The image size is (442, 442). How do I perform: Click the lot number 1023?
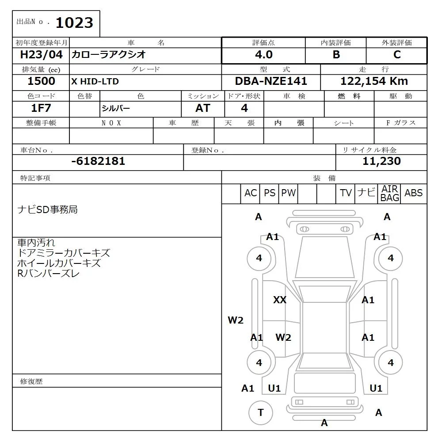click(x=75, y=23)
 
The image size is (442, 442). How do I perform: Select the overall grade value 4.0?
click(x=263, y=55)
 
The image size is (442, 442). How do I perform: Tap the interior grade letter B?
click(x=336, y=55)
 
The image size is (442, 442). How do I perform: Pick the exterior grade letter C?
click(x=396, y=55)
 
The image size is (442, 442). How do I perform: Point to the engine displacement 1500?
click(x=41, y=81)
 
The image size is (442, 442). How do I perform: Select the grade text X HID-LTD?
click(x=95, y=82)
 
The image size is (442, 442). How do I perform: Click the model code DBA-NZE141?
click(x=271, y=81)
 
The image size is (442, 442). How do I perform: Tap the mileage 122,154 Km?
click(x=374, y=81)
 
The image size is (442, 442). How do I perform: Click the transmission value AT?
click(x=202, y=108)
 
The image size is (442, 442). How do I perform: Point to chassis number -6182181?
click(x=98, y=161)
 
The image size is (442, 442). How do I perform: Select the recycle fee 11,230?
click(x=381, y=161)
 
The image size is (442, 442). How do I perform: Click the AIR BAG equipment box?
click(x=389, y=194)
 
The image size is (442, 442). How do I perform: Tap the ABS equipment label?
click(x=413, y=193)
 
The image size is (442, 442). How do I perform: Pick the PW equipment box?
click(x=289, y=193)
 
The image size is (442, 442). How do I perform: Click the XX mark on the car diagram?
click(x=280, y=300)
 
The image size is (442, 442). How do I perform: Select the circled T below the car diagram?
click(x=261, y=413)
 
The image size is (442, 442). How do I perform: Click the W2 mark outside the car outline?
click(x=236, y=320)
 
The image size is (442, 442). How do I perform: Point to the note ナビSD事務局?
click(x=47, y=210)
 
